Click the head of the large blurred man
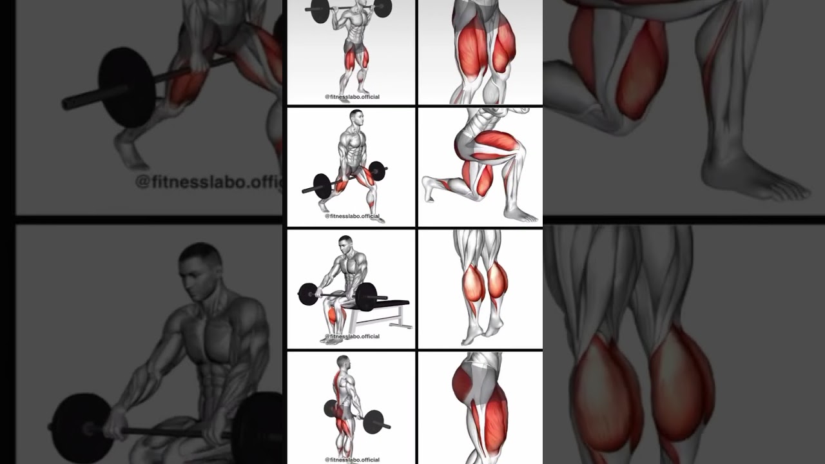200,271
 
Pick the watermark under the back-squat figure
352,97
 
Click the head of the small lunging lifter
356,118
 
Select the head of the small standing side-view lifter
343,362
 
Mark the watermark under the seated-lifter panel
352,336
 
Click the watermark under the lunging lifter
352,217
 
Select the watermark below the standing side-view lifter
352,459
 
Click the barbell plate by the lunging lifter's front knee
322,186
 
